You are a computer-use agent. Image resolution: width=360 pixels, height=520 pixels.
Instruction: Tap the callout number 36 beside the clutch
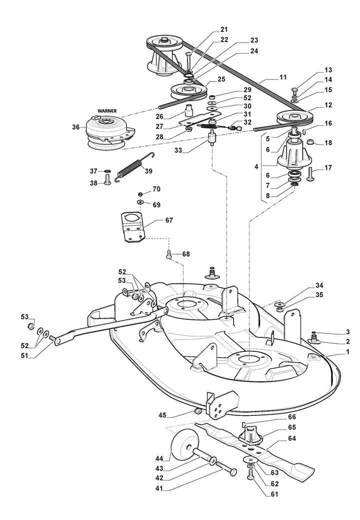point(75,127)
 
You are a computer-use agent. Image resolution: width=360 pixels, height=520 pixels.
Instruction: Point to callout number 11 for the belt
point(283,78)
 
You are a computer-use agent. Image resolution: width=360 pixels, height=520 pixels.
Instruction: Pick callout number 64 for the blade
point(292,438)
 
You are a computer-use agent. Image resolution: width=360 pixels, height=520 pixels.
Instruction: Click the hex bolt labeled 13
point(295,91)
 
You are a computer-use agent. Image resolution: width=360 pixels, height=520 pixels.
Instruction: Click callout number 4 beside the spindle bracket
point(256,166)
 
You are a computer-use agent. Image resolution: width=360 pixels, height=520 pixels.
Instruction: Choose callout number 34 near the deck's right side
point(319,286)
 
